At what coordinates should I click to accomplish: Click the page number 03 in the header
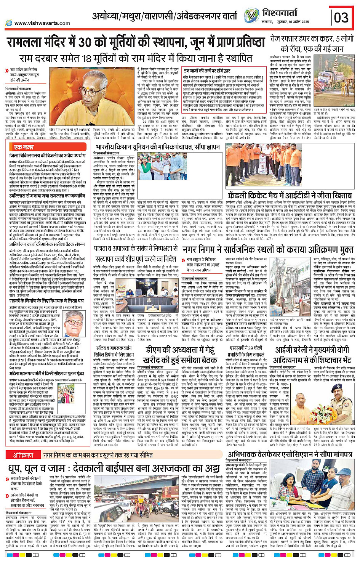point(341,18)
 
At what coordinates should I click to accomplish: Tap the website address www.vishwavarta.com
point(42,23)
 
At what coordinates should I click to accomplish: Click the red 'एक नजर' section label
point(24,147)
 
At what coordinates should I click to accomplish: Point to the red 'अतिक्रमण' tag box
point(23,455)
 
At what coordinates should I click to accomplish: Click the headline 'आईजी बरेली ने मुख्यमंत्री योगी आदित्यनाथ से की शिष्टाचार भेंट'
point(312,354)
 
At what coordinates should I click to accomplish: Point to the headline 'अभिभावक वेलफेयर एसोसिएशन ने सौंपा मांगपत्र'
point(289,454)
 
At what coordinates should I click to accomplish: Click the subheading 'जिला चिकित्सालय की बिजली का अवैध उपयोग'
point(47,156)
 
